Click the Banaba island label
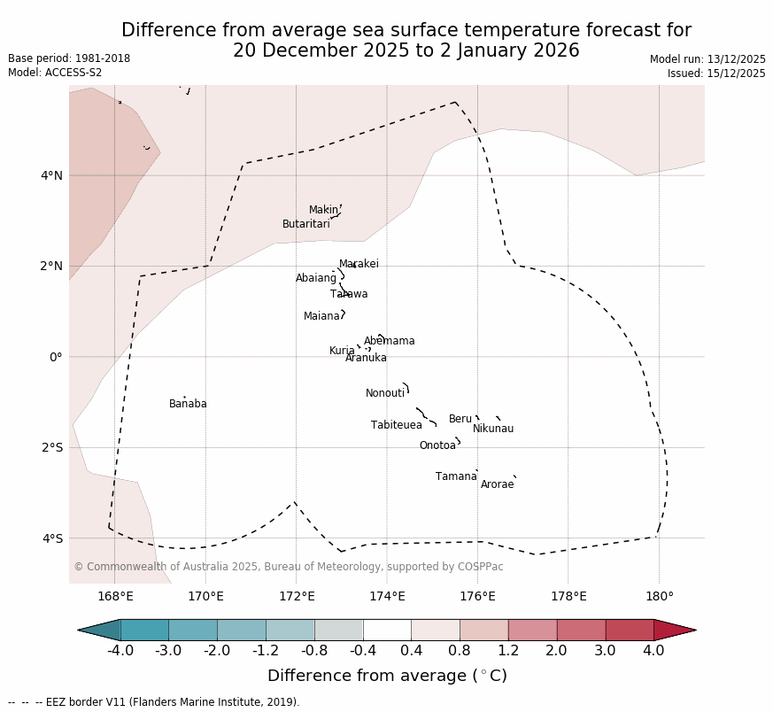click(188, 404)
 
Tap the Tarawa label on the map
click(349, 294)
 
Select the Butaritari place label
click(305, 224)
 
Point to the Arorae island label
click(497, 484)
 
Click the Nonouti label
click(385, 393)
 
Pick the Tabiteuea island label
click(396, 425)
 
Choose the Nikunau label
click(492, 429)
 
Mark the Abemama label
click(389, 341)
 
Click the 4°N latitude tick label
click(51, 175)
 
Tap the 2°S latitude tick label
click(51, 447)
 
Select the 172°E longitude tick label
click(296, 596)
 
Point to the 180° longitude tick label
click(659, 596)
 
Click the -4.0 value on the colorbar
click(120, 651)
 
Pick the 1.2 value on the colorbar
click(508, 651)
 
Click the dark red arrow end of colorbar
click(675, 630)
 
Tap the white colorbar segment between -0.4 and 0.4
click(387, 630)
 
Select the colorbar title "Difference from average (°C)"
click(387, 676)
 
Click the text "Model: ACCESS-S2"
click(55, 73)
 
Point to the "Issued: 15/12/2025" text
click(715, 74)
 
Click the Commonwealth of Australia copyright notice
click(288, 567)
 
